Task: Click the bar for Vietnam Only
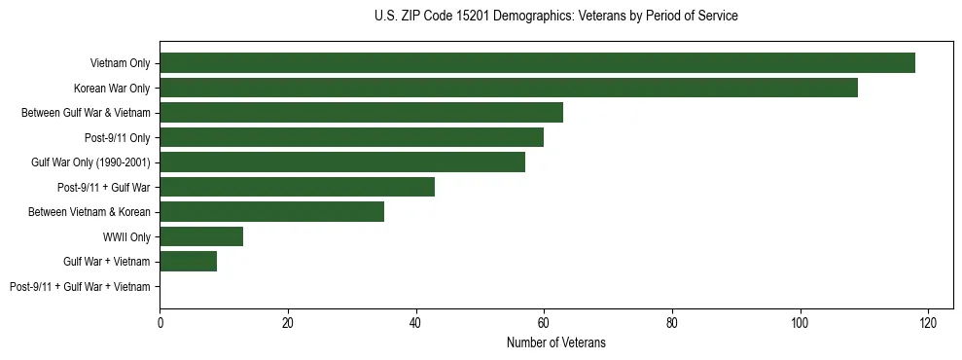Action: pos(537,63)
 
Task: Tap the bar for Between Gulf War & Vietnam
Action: pos(361,113)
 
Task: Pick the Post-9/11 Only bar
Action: pos(351,137)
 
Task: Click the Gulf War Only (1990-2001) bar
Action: pos(341,162)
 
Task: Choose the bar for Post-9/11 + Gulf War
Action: pos(297,187)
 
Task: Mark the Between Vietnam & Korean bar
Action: pos(271,212)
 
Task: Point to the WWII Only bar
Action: pos(201,236)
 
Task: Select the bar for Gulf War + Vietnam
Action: pos(188,262)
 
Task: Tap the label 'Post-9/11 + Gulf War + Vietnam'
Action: pos(80,287)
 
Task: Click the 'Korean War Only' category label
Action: pos(112,88)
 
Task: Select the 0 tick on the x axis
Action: pos(160,322)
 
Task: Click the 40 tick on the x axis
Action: pos(415,322)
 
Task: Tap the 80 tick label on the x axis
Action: pos(672,322)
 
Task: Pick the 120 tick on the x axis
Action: pos(928,322)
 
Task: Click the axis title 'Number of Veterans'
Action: pos(555,342)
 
